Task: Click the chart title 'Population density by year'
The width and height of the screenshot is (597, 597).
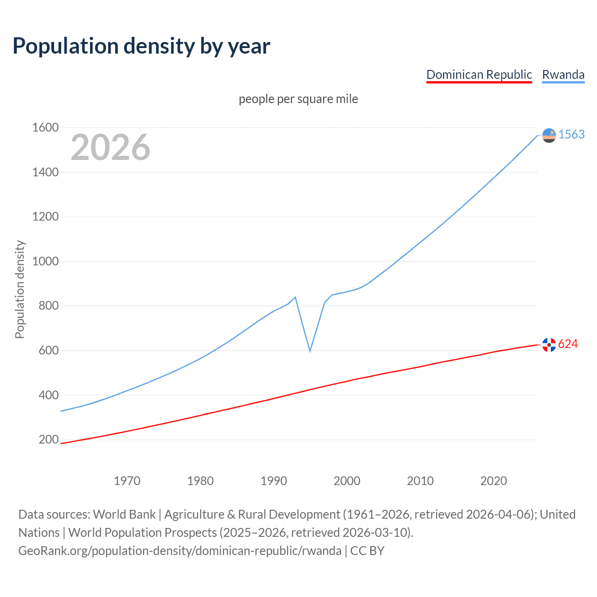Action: (141, 46)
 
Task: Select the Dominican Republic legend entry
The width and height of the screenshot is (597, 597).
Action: (479, 75)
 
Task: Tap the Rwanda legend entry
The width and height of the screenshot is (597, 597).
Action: (563, 75)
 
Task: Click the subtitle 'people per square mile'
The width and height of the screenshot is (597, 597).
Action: (298, 99)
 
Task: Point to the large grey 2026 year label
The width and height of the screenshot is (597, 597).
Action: (111, 147)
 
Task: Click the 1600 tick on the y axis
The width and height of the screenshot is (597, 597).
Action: (45, 127)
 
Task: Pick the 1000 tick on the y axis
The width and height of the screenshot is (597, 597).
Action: (45, 261)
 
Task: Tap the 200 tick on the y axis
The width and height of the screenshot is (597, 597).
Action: (49, 439)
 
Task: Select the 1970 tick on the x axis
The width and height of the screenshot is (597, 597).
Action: (127, 481)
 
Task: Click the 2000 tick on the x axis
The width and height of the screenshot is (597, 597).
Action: (347, 481)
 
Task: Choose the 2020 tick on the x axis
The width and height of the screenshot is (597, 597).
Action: (493, 481)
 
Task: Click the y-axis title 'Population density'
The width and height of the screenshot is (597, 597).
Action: (20, 289)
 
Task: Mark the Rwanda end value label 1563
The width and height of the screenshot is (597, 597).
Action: (571, 134)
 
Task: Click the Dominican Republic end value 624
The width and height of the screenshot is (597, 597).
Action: (568, 344)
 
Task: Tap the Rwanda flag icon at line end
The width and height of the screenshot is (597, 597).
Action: (549, 135)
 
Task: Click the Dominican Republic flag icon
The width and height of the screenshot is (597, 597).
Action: (549, 345)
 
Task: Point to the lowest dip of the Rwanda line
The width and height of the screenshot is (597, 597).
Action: (310, 351)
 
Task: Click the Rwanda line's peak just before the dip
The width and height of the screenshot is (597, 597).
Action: (295, 297)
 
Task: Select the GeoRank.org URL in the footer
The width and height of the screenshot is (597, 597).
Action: (180, 551)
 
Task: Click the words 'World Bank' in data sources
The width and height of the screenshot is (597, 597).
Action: (124, 514)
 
